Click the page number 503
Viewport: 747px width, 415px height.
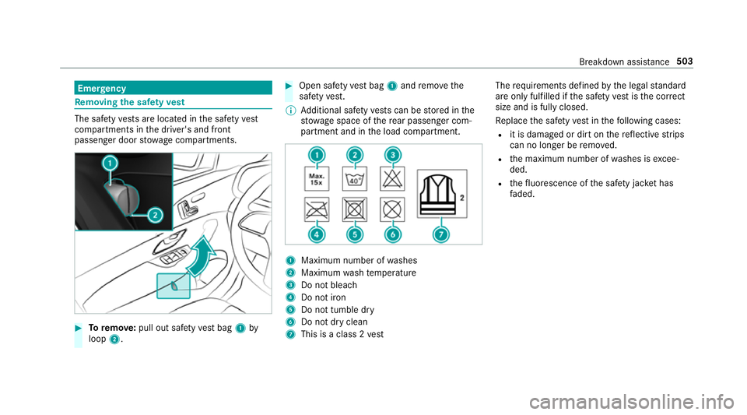pos(684,62)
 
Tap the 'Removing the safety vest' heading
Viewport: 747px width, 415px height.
pos(130,102)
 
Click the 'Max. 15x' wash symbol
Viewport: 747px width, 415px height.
pos(317,178)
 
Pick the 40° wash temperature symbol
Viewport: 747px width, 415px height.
pos(355,178)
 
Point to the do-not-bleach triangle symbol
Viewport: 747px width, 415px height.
pos(392,178)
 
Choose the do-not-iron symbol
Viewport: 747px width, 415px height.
pos(317,209)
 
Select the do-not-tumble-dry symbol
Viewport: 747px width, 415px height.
pos(355,209)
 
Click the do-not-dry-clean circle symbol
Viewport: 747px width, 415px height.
pos(392,209)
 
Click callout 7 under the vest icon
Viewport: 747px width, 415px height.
pos(441,234)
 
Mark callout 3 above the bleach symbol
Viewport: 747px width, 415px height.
pos(392,155)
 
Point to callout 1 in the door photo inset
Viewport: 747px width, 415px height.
pos(110,164)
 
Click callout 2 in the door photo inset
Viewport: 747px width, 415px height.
pos(155,216)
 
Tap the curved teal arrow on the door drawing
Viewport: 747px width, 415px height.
pos(202,256)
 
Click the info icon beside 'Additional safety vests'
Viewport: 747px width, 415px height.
pos(290,111)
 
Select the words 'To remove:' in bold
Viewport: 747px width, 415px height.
pos(112,328)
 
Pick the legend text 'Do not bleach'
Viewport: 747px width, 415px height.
pos(329,285)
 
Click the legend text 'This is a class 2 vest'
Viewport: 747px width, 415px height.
pos(342,335)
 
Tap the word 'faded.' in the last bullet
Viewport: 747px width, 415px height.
pos(522,194)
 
